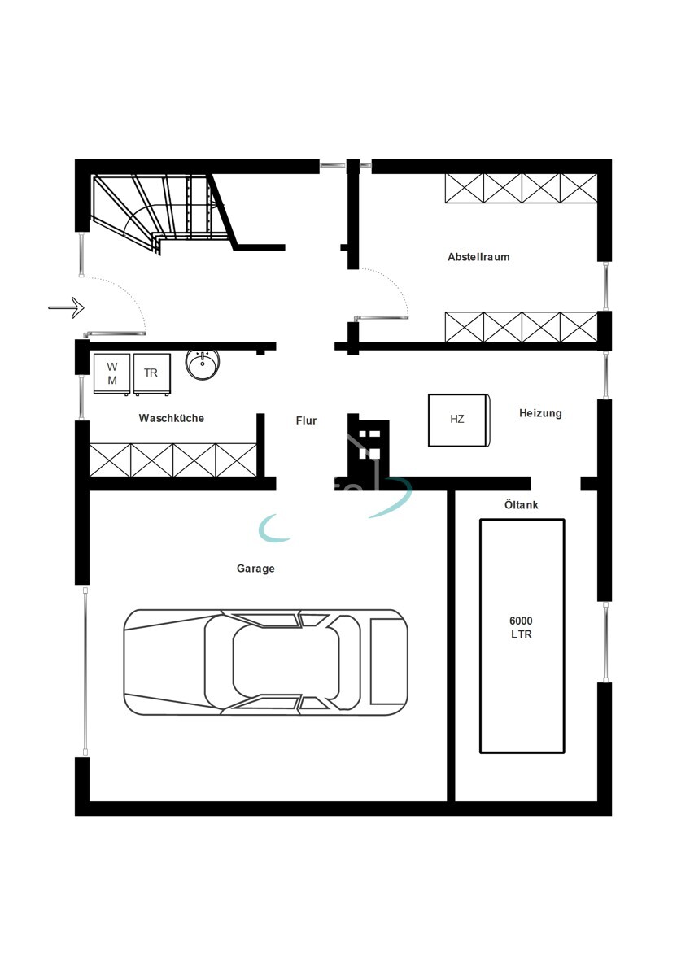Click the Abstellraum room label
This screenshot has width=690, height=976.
478,257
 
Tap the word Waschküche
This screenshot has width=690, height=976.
171,418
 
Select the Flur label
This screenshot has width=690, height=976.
306,420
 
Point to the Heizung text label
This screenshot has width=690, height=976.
540,413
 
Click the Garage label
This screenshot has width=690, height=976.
255,569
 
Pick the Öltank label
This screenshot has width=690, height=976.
521,505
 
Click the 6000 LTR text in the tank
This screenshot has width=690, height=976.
521,627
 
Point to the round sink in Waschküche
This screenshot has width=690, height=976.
201,364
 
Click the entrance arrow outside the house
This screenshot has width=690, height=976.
66,307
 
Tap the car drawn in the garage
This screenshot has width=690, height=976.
265,661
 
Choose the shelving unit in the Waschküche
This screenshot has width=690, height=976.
172,460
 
